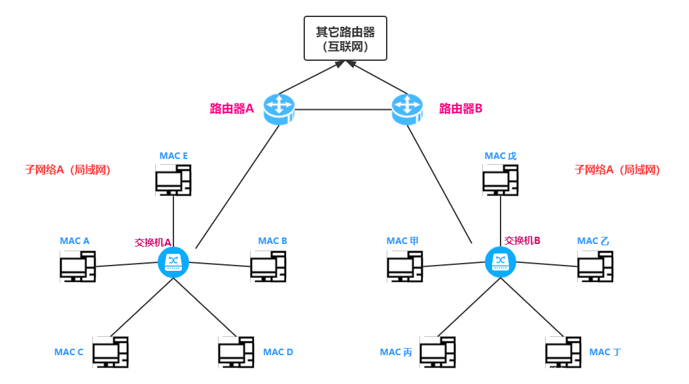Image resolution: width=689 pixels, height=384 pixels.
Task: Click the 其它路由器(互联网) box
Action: pos(345,39)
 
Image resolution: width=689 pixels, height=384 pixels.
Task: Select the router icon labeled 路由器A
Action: pos(279,109)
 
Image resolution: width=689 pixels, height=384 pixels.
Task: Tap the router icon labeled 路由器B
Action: pos(408,109)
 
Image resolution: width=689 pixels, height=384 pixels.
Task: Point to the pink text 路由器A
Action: pos(232,109)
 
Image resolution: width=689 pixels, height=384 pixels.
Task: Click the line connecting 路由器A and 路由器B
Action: pos(344,109)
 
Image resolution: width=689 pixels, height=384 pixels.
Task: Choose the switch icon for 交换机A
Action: pos(173,262)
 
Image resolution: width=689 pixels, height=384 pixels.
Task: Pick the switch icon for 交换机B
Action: pos(501,262)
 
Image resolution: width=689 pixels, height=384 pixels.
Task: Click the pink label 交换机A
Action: pos(152,242)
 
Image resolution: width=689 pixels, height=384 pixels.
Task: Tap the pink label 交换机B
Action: pos(522,241)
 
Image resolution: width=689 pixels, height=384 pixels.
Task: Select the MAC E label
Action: pos(173,156)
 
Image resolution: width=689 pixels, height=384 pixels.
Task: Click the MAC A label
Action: pos(75,241)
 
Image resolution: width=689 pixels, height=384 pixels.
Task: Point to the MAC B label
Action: pos(273,241)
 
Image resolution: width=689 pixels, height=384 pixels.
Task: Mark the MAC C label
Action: pos(69,352)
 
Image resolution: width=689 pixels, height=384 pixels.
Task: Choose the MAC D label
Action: pos(278,352)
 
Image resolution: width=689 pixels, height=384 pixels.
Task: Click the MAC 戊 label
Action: pos(501,156)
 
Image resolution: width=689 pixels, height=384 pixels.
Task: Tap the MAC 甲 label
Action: pos(402,241)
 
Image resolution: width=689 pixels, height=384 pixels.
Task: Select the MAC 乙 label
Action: pos(593,241)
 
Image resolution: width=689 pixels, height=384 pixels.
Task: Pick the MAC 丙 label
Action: pos(396,352)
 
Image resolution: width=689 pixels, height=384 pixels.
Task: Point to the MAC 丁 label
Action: pos(605,352)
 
